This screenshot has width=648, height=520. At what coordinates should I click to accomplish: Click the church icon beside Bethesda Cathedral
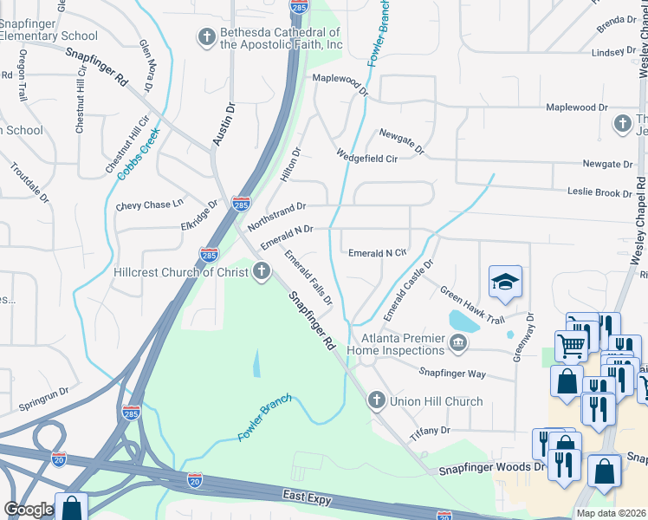207,36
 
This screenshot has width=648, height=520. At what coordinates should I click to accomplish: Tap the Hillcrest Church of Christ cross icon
260,272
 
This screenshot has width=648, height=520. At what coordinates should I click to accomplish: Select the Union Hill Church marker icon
376,400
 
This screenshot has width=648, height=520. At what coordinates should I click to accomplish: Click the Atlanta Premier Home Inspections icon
457,345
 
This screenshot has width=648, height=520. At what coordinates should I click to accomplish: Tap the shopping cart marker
572,344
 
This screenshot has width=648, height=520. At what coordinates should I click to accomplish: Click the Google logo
29,510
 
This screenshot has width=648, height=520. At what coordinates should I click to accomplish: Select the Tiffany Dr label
431,431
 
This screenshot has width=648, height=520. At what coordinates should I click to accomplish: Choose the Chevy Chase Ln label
150,205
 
